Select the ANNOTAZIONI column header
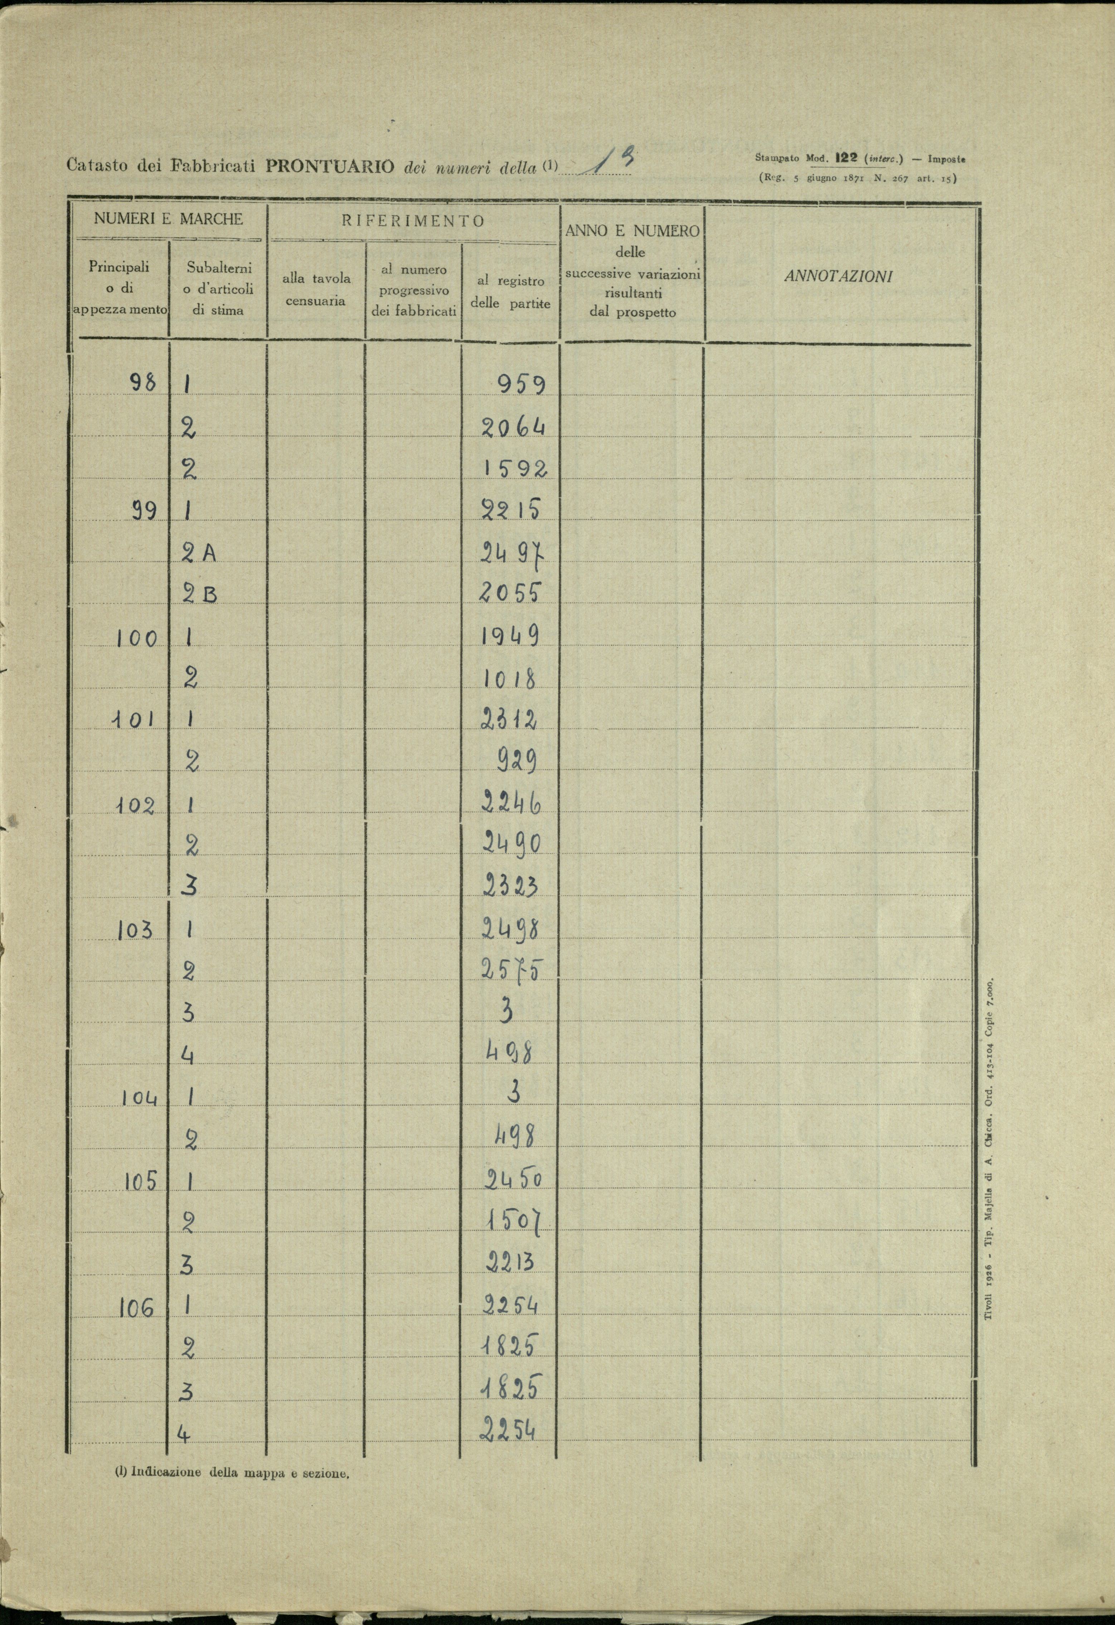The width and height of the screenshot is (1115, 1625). [x=838, y=276]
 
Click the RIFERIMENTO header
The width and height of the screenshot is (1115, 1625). [x=413, y=221]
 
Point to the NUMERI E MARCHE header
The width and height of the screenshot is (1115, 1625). [x=169, y=218]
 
